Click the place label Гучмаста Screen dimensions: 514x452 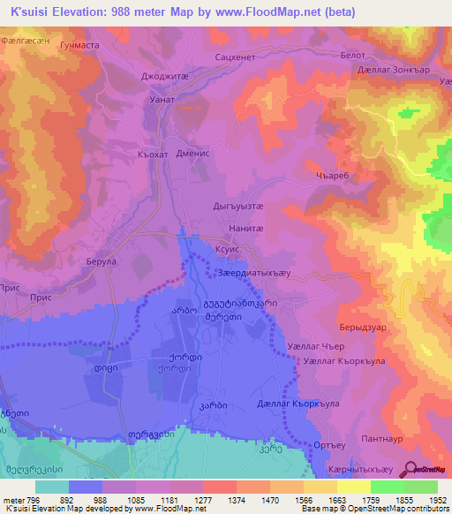(78, 43)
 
